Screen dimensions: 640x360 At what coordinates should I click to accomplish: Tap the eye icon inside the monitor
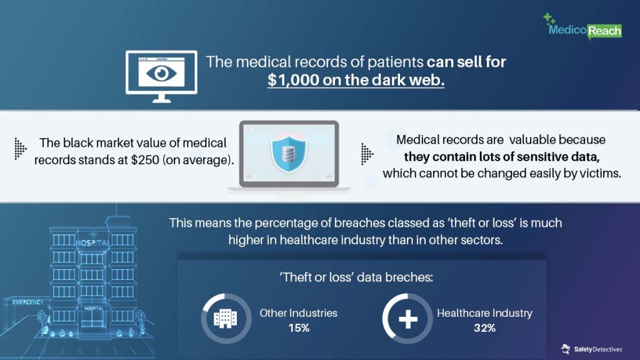[161, 74]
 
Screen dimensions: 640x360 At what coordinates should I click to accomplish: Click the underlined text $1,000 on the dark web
[356, 79]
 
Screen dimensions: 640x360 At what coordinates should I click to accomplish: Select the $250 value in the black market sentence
[145, 159]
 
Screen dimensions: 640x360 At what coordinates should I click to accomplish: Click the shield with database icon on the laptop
[289, 154]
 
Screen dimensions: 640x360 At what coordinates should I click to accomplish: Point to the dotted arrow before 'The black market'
[21, 148]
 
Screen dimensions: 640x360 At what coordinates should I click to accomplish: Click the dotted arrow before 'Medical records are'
[367, 154]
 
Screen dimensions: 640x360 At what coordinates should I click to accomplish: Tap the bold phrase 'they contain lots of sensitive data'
[502, 157]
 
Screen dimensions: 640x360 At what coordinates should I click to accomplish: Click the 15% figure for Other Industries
[299, 328]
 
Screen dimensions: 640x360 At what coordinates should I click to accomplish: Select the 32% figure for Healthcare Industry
[484, 328]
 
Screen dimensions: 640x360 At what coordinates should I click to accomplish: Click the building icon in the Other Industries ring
[225, 318]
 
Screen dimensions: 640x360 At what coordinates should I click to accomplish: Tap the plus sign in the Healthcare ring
[407, 319]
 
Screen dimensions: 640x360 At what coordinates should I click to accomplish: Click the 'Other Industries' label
[299, 313]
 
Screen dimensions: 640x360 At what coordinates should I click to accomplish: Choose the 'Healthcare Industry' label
[484, 313]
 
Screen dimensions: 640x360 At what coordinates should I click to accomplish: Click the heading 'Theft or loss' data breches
[356, 277]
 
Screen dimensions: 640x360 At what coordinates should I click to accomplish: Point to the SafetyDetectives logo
[591, 349]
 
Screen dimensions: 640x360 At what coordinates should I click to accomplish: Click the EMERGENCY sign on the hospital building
[27, 302]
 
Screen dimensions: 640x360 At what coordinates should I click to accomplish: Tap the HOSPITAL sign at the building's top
[92, 243]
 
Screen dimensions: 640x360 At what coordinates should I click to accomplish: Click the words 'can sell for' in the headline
[466, 62]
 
